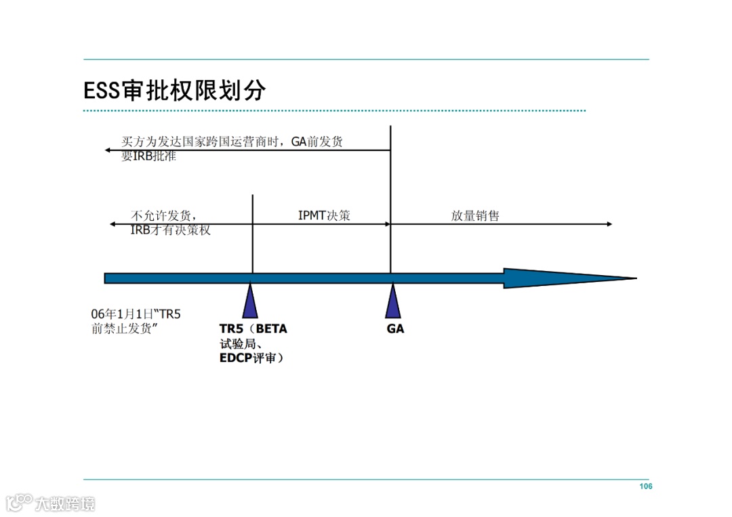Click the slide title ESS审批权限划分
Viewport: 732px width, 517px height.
174,90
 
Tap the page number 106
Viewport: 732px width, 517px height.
645,487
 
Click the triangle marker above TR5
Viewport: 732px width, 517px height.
251,302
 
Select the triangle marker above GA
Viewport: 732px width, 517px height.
392,302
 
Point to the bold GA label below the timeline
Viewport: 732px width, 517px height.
395,329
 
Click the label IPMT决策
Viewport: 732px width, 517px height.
324,216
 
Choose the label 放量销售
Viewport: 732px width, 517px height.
475,216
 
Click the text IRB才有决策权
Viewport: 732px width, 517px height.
170,230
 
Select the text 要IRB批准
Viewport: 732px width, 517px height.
148,156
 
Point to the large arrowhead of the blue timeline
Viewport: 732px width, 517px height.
569,278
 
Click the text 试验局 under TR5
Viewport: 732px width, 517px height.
239,344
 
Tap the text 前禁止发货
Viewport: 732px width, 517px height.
125,330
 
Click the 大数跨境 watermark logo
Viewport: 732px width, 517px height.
51,503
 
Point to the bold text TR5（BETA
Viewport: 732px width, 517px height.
253,329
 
